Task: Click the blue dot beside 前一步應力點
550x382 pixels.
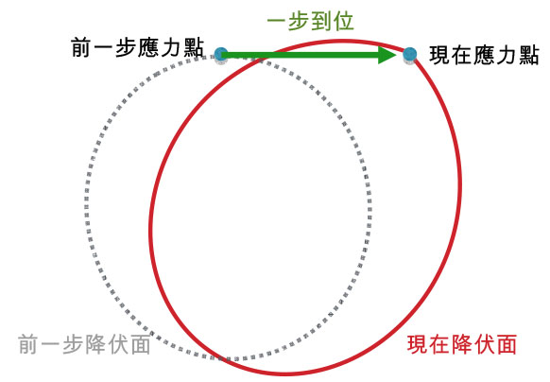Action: pos(221,55)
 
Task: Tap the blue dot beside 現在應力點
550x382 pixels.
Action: pos(410,55)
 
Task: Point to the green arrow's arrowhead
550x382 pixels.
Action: pos(387,55)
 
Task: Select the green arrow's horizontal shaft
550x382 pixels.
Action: pos(300,55)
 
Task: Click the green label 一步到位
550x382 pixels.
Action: pos(310,22)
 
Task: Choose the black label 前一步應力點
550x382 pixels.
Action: pos(137,47)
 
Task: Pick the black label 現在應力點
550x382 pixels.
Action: pos(484,55)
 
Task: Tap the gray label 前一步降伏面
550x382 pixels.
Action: pos(84,344)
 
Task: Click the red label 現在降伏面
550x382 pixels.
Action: pos(462,344)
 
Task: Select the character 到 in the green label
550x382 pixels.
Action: pos(321,22)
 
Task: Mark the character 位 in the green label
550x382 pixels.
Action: pos(343,22)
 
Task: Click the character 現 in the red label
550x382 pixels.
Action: pos(418,344)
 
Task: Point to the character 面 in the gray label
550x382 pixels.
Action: pos(141,344)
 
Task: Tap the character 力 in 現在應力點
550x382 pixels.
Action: pos(507,55)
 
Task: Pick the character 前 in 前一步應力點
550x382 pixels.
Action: pos(81,47)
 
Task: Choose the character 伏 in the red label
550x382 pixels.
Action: pos(484,344)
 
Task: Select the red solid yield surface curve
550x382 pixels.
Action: pos(459,182)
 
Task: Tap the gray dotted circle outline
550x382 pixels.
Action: pos(87,207)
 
